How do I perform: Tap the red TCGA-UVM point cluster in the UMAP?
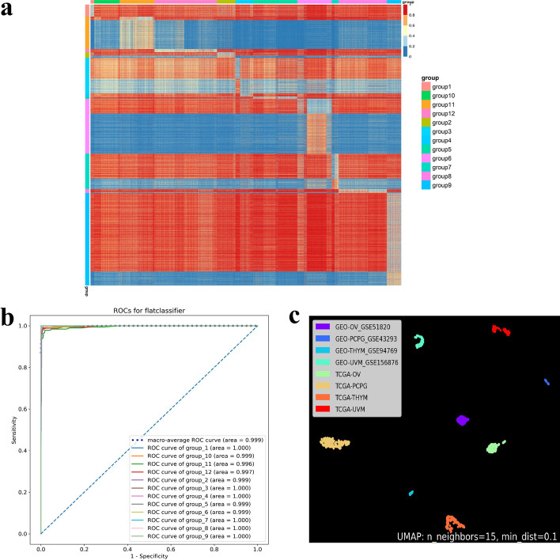point(500,330)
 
